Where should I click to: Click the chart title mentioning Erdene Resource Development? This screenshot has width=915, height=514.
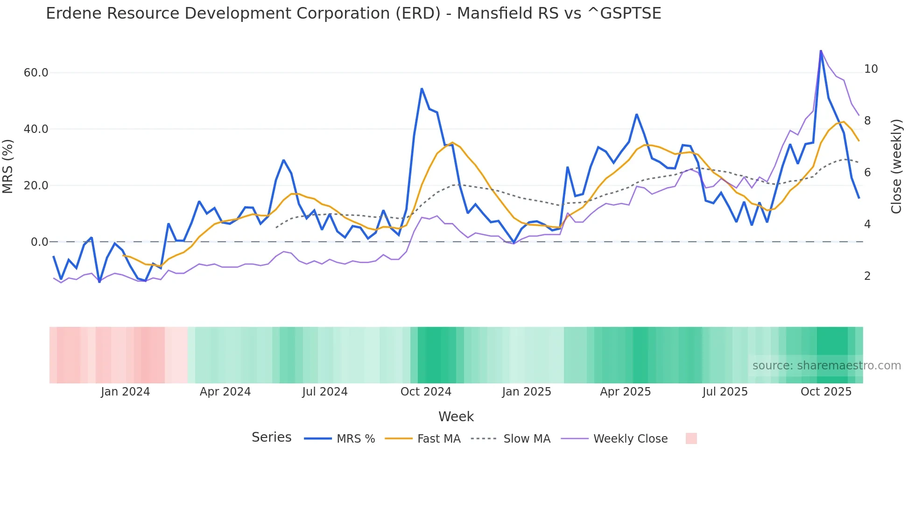(353, 14)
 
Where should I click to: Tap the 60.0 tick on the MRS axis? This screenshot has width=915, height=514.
(36, 73)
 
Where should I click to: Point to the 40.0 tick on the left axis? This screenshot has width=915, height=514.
(36, 129)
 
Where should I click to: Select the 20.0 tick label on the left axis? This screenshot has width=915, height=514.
(36, 186)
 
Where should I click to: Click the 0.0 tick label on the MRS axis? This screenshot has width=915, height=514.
(39, 242)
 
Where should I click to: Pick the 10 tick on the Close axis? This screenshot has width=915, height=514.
(871, 69)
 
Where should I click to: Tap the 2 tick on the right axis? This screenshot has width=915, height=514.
(867, 276)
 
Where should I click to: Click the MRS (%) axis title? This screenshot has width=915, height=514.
(8, 167)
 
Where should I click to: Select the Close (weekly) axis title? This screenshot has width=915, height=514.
(896, 167)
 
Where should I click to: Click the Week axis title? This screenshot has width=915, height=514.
(456, 417)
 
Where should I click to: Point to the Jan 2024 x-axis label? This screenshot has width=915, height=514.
(125, 392)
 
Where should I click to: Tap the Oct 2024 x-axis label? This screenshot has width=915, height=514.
(426, 392)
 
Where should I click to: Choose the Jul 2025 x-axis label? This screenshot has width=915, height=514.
(725, 392)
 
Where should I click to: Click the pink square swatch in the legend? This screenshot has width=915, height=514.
(691, 438)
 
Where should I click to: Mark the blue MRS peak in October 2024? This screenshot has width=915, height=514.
(422, 89)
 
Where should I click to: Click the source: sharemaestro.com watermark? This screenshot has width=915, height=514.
(826, 366)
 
